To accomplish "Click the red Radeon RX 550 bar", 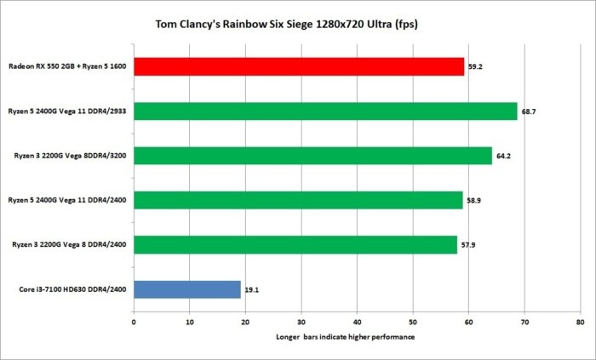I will click(x=299, y=66).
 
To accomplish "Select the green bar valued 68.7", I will click(x=325, y=111).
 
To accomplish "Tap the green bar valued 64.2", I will click(x=312, y=156).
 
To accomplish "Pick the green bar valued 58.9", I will click(x=298, y=200).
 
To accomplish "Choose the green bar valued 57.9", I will click(x=295, y=245).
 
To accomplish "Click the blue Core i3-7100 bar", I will click(x=187, y=289).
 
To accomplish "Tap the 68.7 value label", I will click(x=529, y=111).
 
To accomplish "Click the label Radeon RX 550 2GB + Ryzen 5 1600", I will click(x=67, y=66).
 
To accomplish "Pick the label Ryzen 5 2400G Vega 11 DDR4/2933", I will click(x=67, y=111).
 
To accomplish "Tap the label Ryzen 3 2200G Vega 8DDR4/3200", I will click(x=67, y=156).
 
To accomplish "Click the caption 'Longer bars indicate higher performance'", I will click(x=356, y=338).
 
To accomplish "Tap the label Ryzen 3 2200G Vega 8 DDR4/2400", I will click(x=67, y=245).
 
